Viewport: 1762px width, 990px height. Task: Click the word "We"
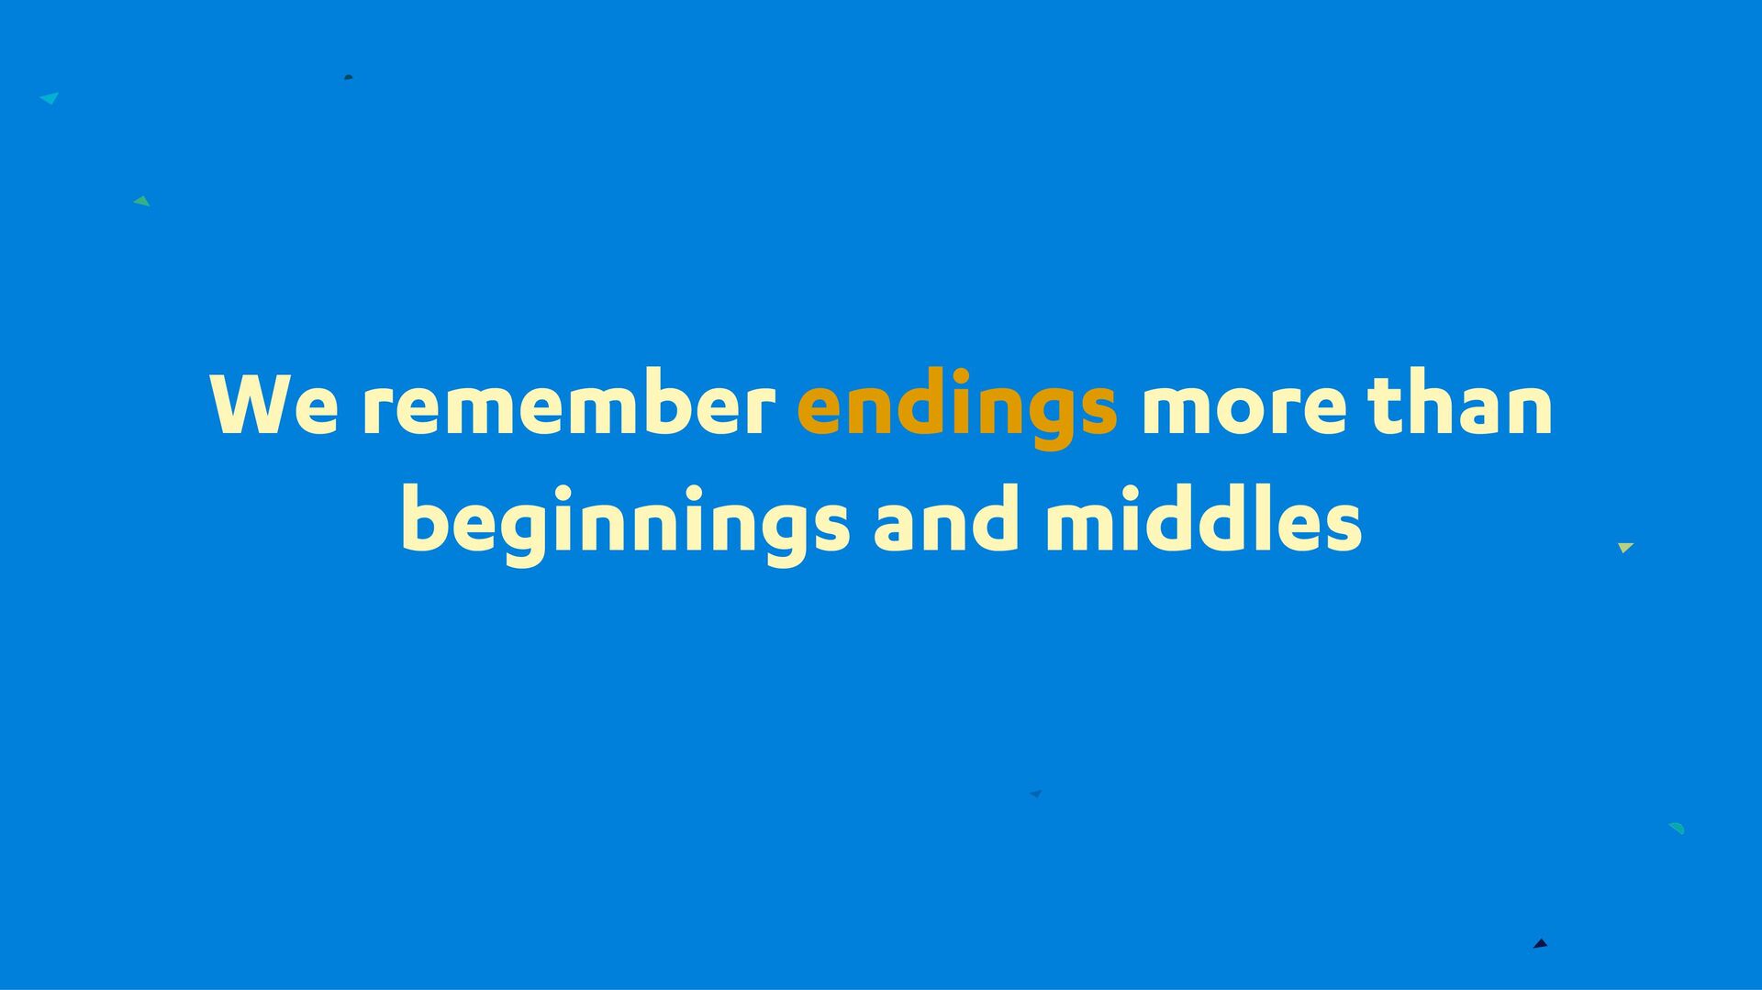(274, 404)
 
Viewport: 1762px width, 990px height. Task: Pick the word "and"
(946, 518)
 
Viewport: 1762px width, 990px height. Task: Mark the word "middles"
(1203, 518)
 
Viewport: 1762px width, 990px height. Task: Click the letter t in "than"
(1384, 404)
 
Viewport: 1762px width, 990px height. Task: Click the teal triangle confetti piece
(50, 97)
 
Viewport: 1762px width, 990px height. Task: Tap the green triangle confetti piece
(142, 201)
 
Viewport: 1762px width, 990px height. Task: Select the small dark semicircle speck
(348, 77)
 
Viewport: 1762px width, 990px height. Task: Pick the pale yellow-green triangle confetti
(1625, 547)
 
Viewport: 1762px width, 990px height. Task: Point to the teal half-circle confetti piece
(1678, 828)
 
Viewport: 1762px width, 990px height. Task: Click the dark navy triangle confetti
(1541, 943)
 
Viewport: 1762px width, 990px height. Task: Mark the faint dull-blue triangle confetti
(1036, 794)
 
